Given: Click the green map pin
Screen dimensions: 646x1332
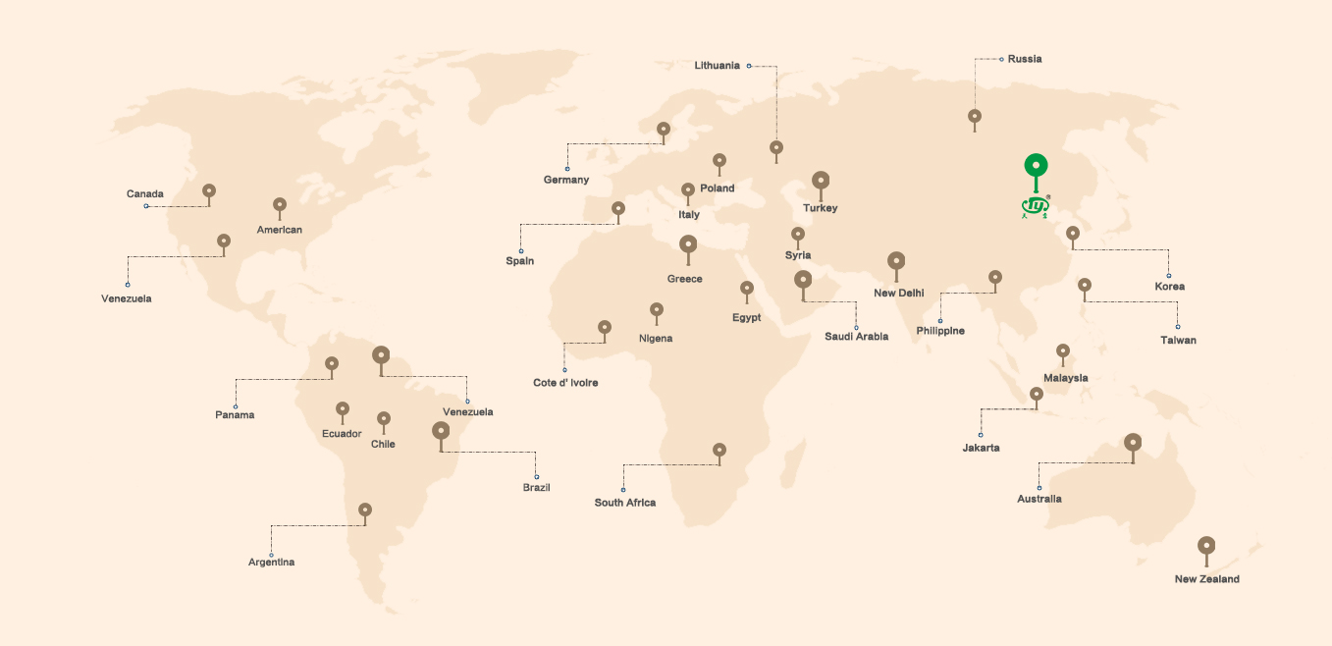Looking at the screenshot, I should click(x=1036, y=167).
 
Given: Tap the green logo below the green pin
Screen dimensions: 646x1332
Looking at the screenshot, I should click(x=1036, y=206).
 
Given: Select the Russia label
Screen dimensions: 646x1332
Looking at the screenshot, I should click(x=1025, y=59).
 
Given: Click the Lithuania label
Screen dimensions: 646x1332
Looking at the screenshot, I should click(x=717, y=66).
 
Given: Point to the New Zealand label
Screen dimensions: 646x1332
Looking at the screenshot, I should click(x=1206, y=579).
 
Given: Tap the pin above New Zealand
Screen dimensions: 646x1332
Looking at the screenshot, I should click(x=1206, y=546).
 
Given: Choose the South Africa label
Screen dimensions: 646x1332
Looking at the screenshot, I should click(x=624, y=503).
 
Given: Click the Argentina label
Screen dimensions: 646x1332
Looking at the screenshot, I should click(x=271, y=563).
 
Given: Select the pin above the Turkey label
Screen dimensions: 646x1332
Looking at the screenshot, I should click(x=821, y=181).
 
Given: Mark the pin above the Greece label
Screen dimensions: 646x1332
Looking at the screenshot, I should click(x=688, y=244).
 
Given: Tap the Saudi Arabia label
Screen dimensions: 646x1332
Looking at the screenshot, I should click(x=856, y=337).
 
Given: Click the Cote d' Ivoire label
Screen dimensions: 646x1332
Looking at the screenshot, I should click(x=565, y=383).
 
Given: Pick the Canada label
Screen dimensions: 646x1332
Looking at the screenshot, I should click(x=145, y=193).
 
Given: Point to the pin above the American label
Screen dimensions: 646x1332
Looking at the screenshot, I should click(x=280, y=205).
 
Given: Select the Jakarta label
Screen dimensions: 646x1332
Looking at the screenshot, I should click(x=981, y=448).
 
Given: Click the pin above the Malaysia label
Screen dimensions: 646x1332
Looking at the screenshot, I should click(x=1062, y=350).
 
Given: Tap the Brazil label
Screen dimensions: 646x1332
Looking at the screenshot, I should click(x=536, y=488).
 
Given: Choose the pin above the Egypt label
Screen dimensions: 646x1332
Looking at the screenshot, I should click(x=747, y=289).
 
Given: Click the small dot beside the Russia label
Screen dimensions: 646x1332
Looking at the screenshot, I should click(x=1001, y=59).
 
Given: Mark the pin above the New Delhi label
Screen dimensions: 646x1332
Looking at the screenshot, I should click(x=895, y=261).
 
